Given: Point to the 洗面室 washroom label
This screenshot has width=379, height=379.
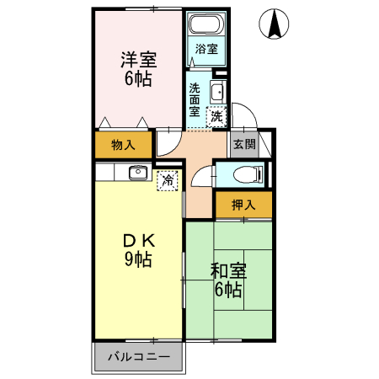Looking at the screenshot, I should coord(195,99).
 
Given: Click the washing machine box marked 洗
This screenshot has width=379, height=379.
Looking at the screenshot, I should coord(217,116).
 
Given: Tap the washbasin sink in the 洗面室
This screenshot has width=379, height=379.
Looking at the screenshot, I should coord(216,92).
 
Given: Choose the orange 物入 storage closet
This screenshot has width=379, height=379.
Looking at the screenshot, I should coord(123,145).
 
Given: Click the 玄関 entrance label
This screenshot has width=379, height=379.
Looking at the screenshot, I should coord(244,144).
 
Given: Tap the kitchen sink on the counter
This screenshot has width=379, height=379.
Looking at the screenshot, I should coord(137,173).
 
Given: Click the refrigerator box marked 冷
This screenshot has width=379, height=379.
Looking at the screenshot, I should coord(168,179).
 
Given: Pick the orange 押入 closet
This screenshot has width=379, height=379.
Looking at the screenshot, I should coord(243,204).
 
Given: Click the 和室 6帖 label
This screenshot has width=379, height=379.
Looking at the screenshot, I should coord(227,281).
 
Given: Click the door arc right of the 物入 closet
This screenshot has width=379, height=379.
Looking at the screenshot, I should coord(167,143).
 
